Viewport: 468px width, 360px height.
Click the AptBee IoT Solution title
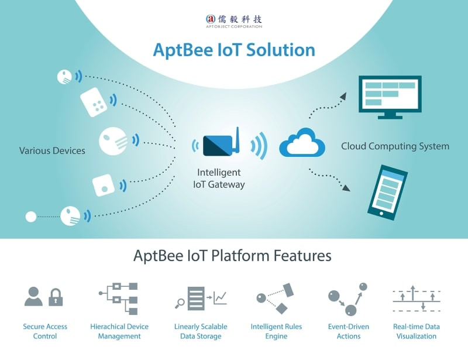point(233,50)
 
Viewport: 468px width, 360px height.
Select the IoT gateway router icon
point(222,144)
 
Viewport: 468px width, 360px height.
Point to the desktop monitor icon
point(390,96)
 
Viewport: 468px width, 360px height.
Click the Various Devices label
point(52,150)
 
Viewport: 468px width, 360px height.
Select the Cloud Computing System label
point(395,146)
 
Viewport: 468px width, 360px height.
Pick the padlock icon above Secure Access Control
point(56,297)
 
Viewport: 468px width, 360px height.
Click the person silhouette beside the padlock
point(33,297)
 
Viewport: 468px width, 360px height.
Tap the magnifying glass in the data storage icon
point(180,303)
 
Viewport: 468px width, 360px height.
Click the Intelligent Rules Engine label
point(277,331)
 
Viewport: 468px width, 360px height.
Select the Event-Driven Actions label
point(349,331)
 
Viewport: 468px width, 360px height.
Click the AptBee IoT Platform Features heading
point(232,256)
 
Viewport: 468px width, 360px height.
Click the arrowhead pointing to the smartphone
point(346,188)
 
